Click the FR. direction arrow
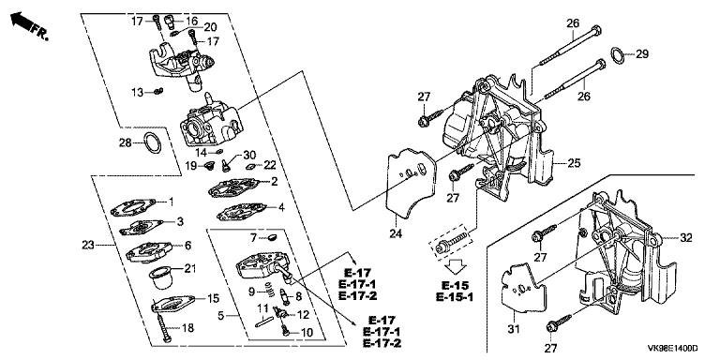(22, 21)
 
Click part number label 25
(574, 163)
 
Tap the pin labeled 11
(264, 322)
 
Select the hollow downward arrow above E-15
(456, 267)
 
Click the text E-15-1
(455, 296)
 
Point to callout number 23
(88, 246)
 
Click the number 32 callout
(685, 238)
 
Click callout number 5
(221, 316)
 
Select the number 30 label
(249, 155)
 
